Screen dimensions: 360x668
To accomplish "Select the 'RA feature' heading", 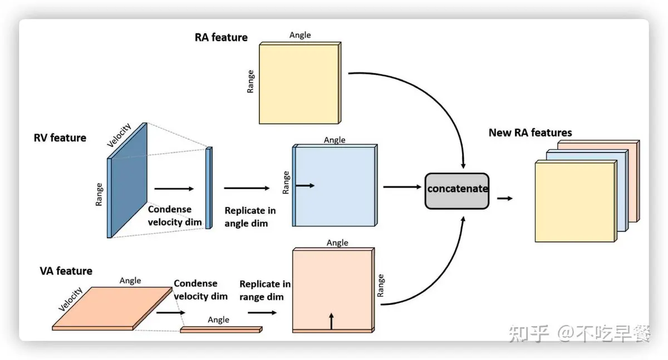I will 221,37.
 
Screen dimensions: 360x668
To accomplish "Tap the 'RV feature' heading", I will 60,137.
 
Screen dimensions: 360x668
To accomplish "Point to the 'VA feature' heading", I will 66,271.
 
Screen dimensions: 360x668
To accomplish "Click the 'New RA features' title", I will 530,132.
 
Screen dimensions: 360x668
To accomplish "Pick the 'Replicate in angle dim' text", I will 250,217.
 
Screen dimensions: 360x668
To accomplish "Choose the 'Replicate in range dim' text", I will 264,290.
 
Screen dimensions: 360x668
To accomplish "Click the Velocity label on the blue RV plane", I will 119,135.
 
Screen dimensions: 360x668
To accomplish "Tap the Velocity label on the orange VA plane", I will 71,299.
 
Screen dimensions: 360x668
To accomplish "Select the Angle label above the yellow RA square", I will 300,35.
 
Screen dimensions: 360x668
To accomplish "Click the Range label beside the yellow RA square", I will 250,81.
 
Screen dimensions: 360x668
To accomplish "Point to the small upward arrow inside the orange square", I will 331,321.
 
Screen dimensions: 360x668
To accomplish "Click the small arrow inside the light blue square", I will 306,185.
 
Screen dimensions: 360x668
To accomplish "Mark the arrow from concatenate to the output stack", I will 505,198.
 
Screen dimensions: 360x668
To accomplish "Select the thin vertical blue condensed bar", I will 209,188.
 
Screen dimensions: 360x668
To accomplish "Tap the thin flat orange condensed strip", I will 220,330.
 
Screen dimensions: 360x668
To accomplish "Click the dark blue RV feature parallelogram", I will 127,180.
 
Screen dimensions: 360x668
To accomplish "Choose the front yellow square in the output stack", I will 575,201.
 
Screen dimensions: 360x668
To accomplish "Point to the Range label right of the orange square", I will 381,285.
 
